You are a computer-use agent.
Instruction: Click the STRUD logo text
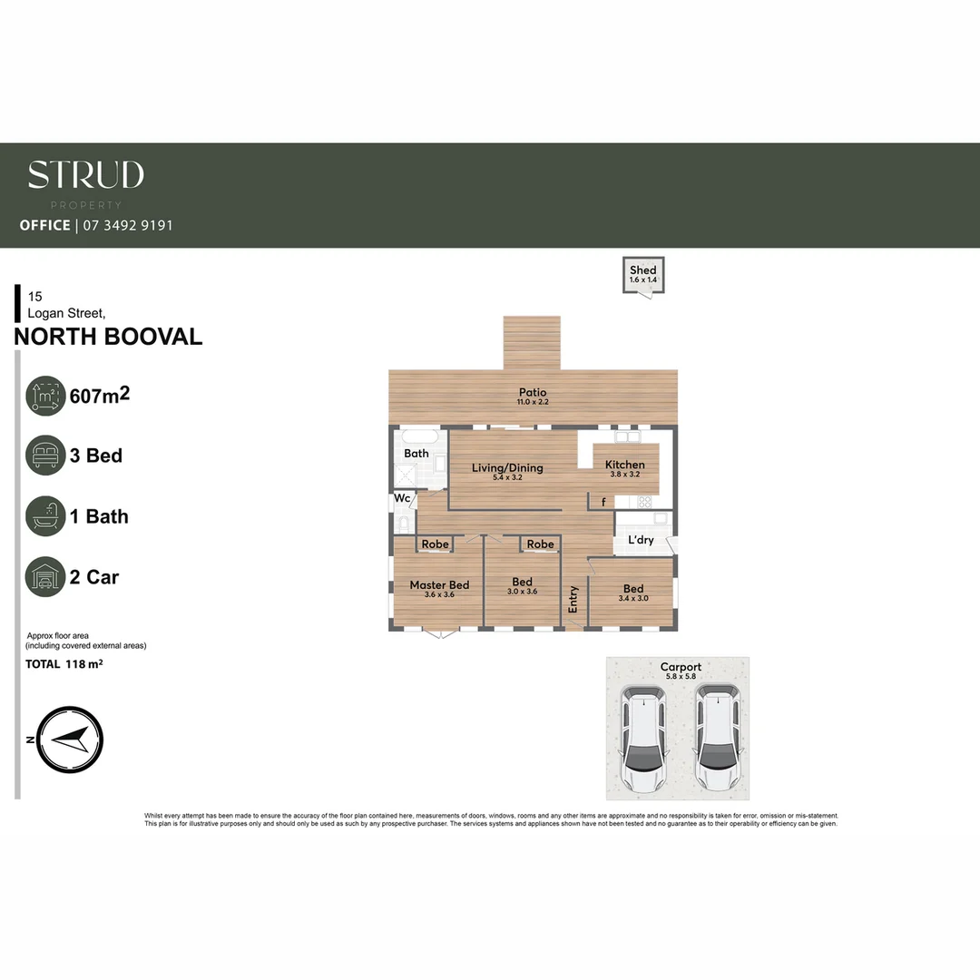(85, 175)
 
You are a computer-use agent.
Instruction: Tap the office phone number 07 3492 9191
(127, 225)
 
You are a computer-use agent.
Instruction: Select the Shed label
(643, 269)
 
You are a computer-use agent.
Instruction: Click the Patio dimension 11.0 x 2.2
(534, 402)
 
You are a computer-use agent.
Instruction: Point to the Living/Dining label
(507, 468)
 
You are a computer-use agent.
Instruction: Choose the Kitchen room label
(625, 465)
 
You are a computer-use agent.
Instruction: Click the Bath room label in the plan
(416, 453)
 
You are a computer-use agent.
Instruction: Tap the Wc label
(401, 498)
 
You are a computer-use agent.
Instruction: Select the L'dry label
(641, 540)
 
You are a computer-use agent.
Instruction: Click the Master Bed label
(439, 584)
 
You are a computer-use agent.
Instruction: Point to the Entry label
(573, 599)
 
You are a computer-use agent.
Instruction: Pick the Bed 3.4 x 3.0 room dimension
(632, 599)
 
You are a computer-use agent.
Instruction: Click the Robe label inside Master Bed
(436, 544)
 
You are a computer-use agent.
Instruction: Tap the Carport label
(681, 667)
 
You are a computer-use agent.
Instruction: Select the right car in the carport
(718, 738)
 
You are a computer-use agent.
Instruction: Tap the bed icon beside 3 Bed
(45, 456)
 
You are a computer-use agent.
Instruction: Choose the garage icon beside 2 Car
(45, 577)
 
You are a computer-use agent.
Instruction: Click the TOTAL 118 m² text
(64, 664)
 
